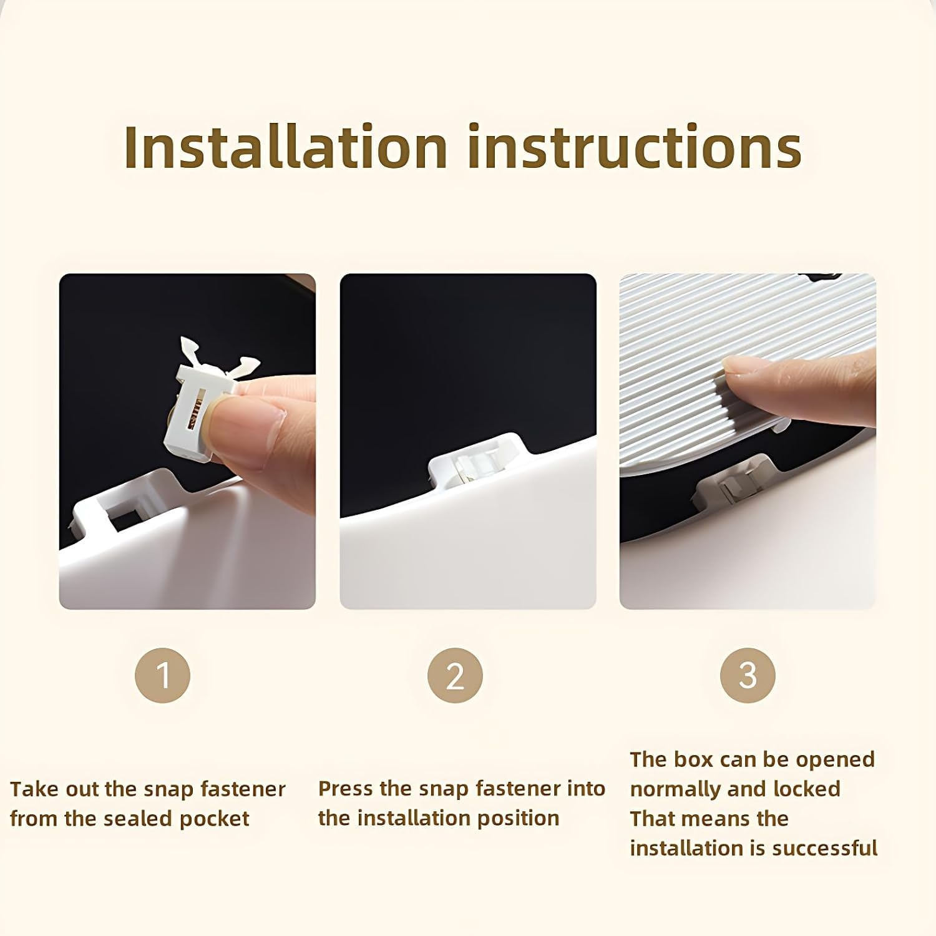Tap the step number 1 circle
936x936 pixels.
pyautogui.click(x=162, y=675)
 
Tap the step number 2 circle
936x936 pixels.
pyautogui.click(x=455, y=675)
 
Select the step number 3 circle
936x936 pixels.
pyautogui.click(x=748, y=675)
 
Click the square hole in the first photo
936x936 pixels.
pyautogui.click(x=125, y=518)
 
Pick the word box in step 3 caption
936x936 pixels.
pyautogui.click(x=694, y=759)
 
